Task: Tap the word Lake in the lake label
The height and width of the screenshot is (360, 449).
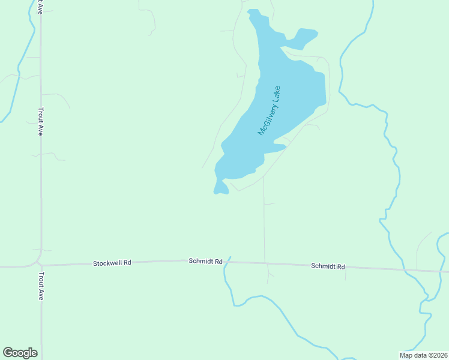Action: click(276, 93)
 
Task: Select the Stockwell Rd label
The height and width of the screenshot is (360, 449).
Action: click(112, 263)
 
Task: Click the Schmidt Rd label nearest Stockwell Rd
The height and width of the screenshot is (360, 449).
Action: click(205, 261)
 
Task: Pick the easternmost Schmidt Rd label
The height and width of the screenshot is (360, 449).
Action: click(328, 266)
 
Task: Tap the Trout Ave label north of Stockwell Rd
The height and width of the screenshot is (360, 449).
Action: click(41, 121)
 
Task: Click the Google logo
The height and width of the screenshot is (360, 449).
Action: click(20, 353)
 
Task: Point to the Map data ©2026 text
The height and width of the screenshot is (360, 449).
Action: click(423, 355)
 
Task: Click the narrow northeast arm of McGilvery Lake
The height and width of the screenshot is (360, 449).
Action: click(306, 36)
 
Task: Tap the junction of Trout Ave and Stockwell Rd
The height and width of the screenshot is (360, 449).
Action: click(40, 264)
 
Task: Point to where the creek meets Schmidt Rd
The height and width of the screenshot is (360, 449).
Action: click(226, 262)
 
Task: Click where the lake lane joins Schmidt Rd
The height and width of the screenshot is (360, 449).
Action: click(265, 262)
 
